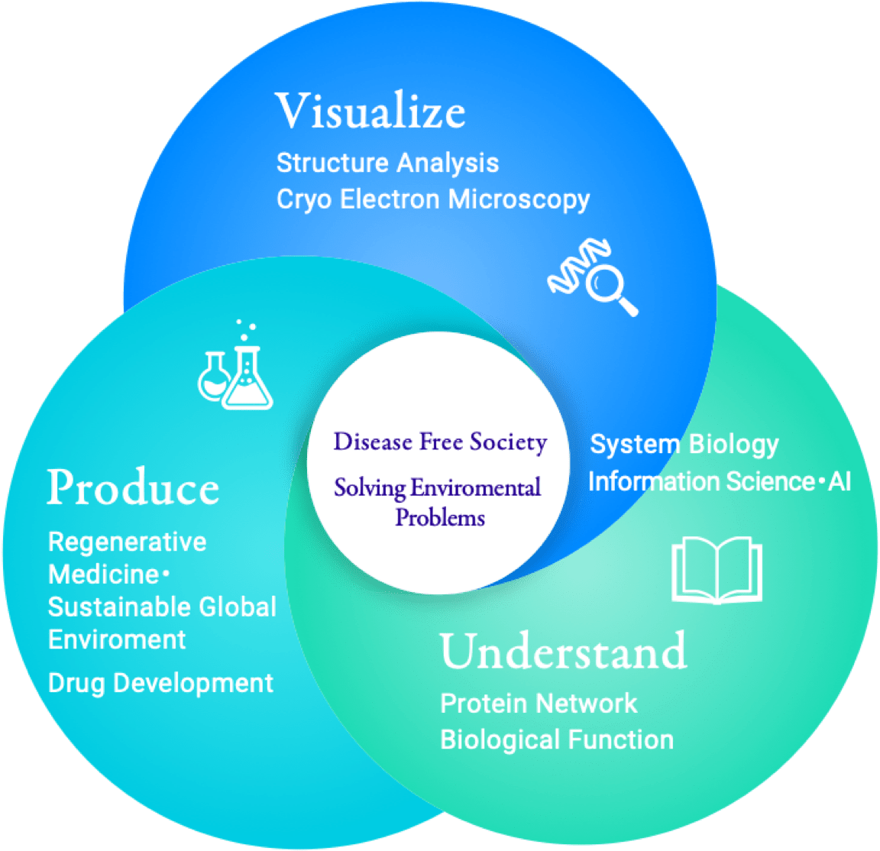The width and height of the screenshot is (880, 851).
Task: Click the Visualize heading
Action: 370,112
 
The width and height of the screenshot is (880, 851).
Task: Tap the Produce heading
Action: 133,487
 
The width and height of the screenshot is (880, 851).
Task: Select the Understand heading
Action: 563,651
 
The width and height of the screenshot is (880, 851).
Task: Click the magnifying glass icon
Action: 612,290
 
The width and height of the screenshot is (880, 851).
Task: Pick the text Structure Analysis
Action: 387,163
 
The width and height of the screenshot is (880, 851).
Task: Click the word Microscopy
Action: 519,200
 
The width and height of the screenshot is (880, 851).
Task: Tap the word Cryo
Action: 303,200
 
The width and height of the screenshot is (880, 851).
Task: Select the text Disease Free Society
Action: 440,442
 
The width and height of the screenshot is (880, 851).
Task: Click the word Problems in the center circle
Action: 440,517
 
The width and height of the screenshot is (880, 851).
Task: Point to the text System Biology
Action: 684,445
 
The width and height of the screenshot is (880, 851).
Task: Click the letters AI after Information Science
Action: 840,482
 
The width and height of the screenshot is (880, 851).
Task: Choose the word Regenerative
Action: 128,542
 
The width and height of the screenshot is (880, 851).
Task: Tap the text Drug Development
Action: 160,682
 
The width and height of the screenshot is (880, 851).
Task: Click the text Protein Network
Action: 539,703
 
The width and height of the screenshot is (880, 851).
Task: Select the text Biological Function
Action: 557,739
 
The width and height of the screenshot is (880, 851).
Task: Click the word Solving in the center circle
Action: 369,488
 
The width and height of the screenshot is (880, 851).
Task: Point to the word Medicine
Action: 103,574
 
